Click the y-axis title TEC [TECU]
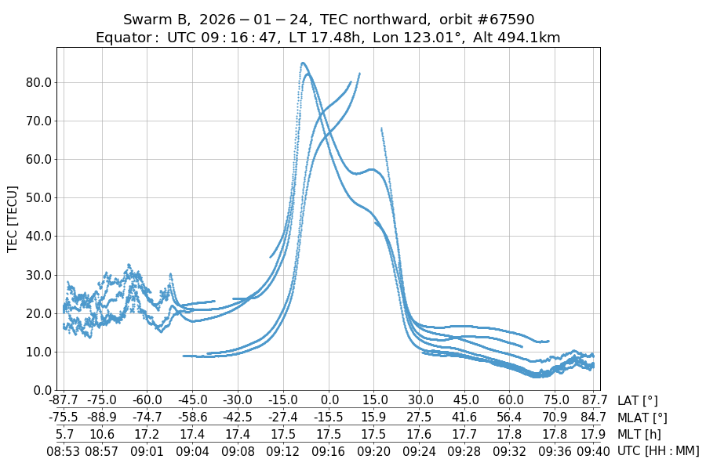tap(13, 219)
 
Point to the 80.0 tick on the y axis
tap(38, 82)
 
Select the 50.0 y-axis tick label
tap(38, 197)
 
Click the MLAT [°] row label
tap(642, 418)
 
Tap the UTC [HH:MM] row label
tap(657, 450)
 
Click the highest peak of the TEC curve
tap(303, 63)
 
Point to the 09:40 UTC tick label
tap(594, 450)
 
